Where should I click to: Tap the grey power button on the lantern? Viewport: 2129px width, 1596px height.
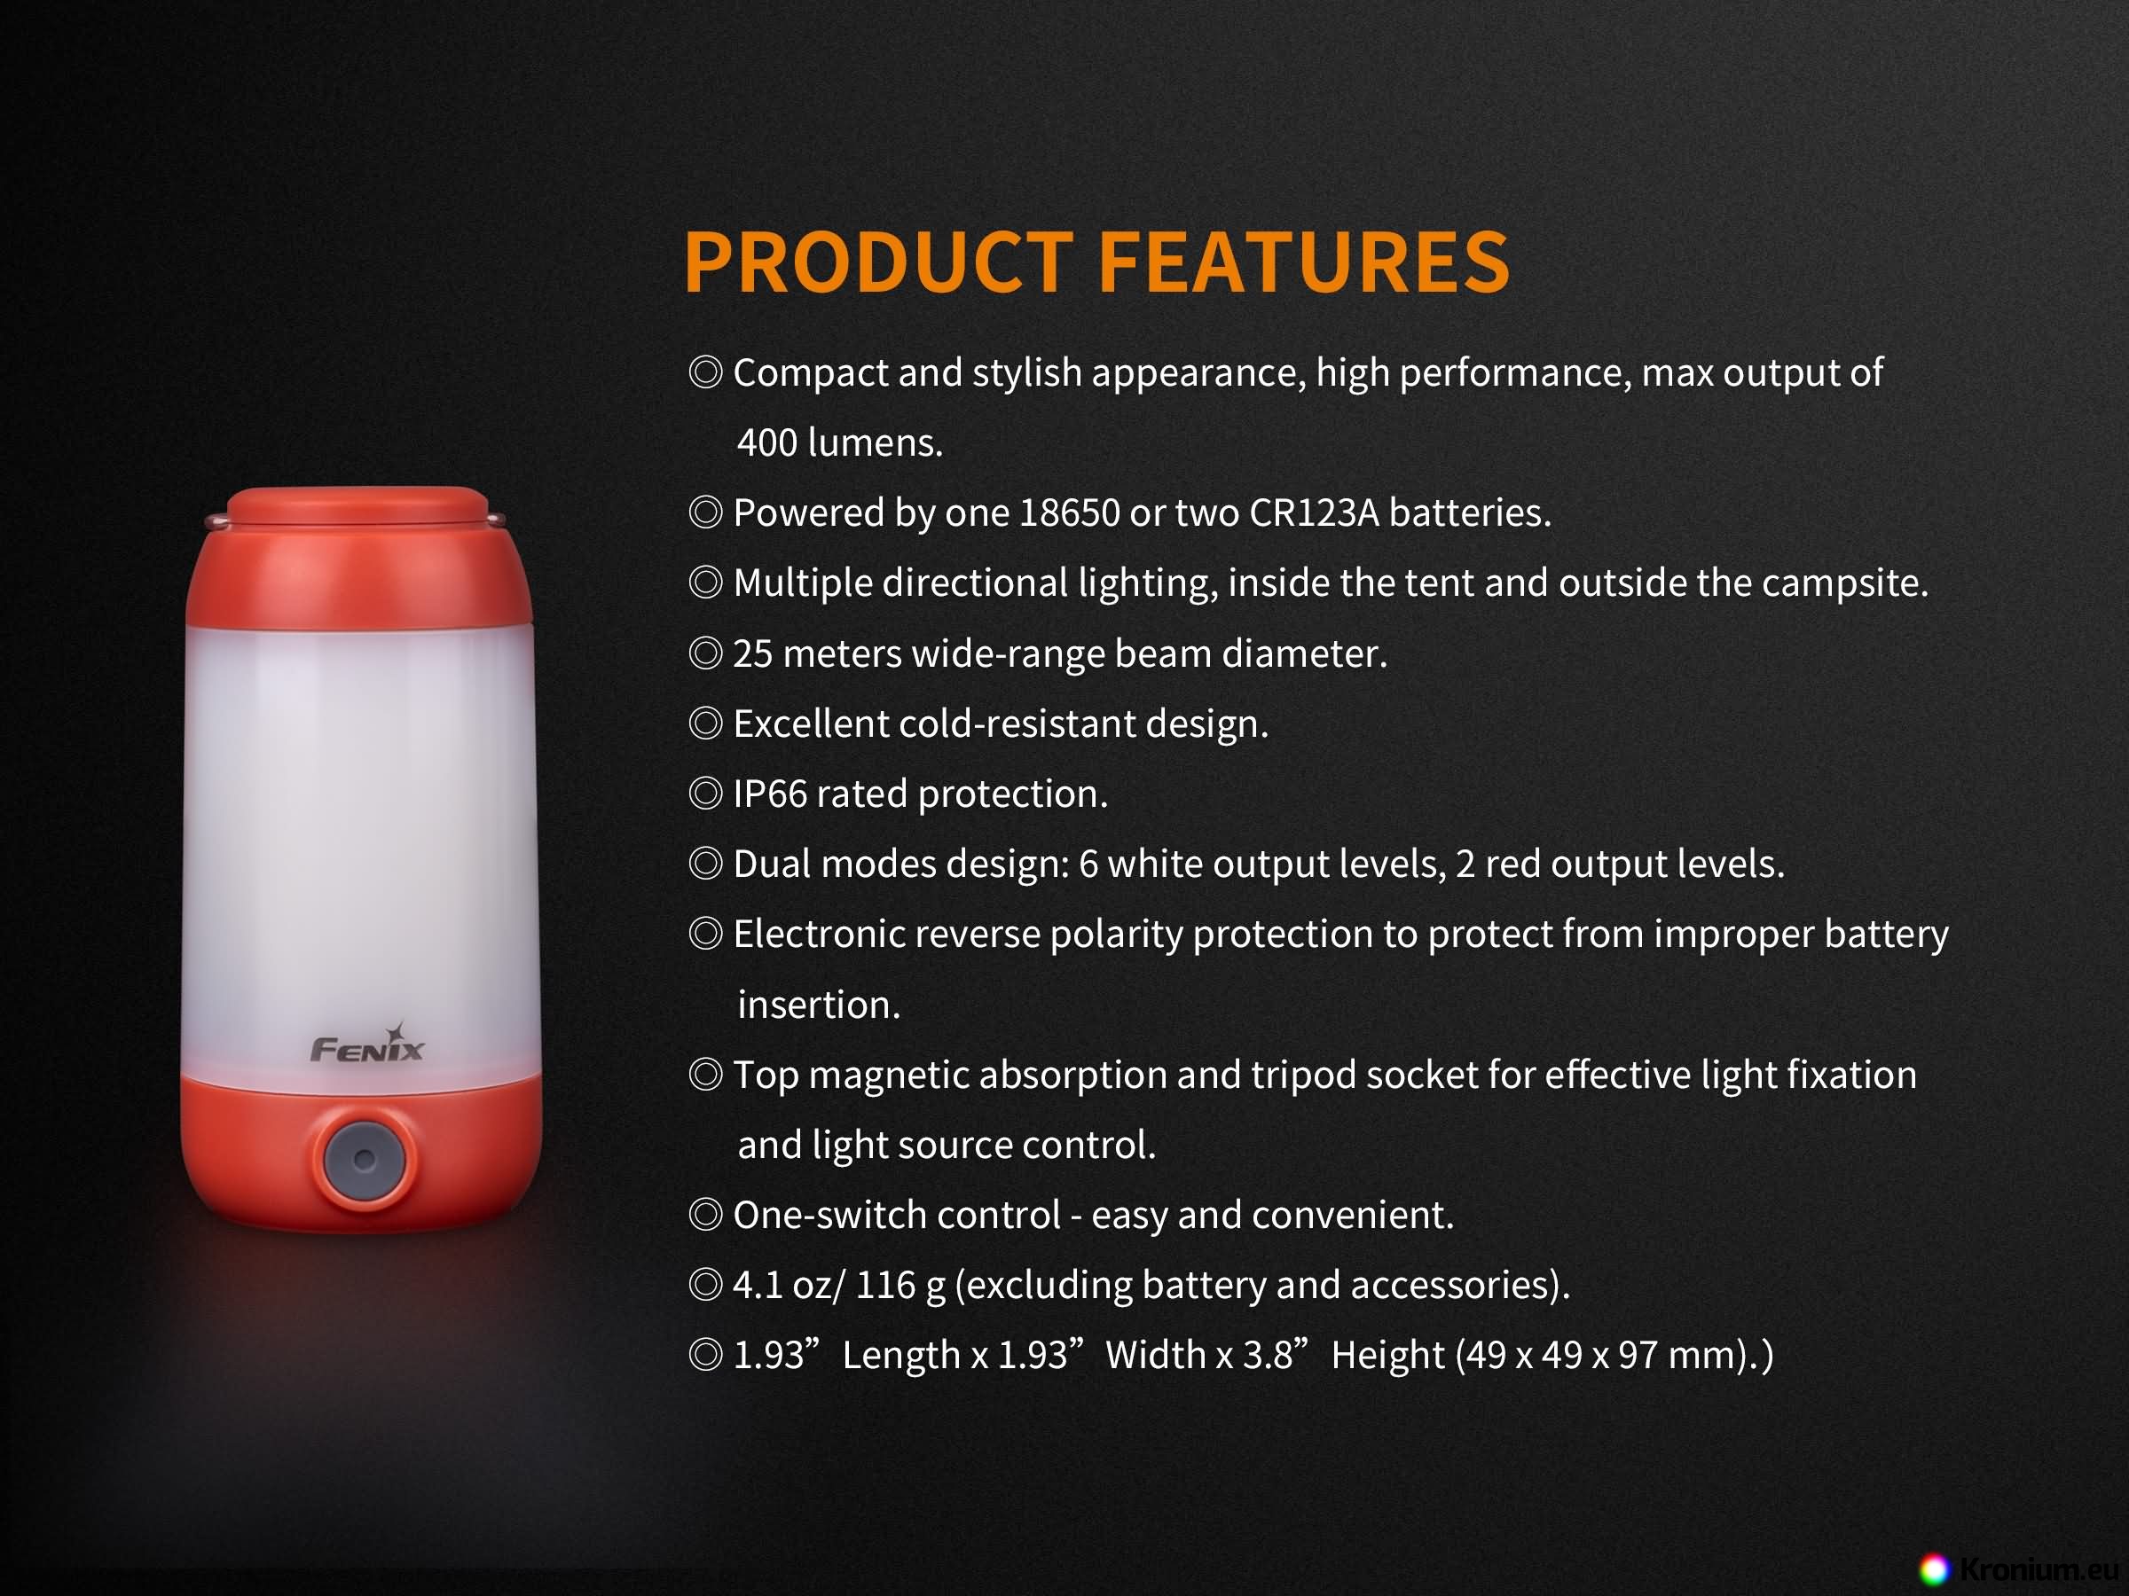[x=364, y=1159]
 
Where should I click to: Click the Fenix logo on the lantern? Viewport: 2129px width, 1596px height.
[x=366, y=1044]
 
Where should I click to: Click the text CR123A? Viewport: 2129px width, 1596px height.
[x=1314, y=512]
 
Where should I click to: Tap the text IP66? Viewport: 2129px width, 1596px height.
[x=770, y=794]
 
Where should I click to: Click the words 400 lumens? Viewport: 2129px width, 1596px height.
[x=839, y=442]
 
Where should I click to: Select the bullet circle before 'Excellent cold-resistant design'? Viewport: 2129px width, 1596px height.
[x=705, y=724]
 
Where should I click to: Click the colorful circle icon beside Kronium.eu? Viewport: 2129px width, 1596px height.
[x=1935, y=1570]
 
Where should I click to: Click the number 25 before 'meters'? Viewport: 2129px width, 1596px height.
[x=752, y=654]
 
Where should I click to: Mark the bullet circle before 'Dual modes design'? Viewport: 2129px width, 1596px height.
[x=705, y=864]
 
